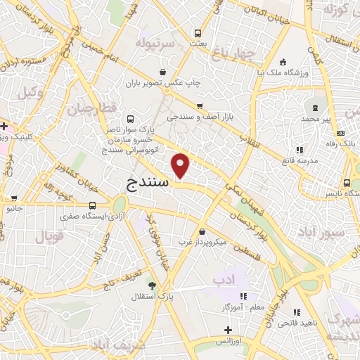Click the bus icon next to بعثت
[x=198, y=32]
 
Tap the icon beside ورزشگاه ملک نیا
[x=283, y=61]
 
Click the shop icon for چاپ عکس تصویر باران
[x=163, y=71]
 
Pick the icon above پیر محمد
[x=315, y=108]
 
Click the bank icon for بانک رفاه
[x=341, y=132]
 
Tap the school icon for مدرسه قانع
[x=300, y=150]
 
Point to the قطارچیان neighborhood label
[x=91, y=108]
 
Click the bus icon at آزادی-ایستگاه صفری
[x=92, y=205]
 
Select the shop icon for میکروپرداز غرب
[x=202, y=231]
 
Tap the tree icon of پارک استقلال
[x=152, y=285]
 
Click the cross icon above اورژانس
[x=227, y=329]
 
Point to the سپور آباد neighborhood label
[x=320, y=231]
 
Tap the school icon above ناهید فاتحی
[x=297, y=312]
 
